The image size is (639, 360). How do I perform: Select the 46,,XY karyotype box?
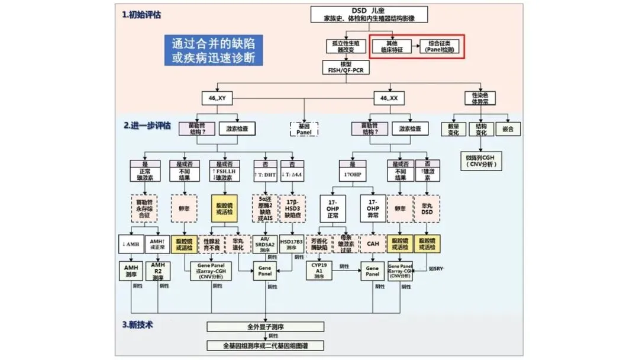(x=212, y=97)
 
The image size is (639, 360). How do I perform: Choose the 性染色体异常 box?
(x=479, y=98)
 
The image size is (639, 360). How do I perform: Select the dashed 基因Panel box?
(x=304, y=129)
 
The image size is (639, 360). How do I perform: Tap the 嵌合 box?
(x=508, y=129)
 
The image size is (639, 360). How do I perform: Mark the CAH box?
(x=372, y=242)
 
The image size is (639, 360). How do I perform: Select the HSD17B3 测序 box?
(x=292, y=242)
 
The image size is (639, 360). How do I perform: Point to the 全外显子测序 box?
(x=266, y=326)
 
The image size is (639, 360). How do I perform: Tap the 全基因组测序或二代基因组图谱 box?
(x=266, y=345)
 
